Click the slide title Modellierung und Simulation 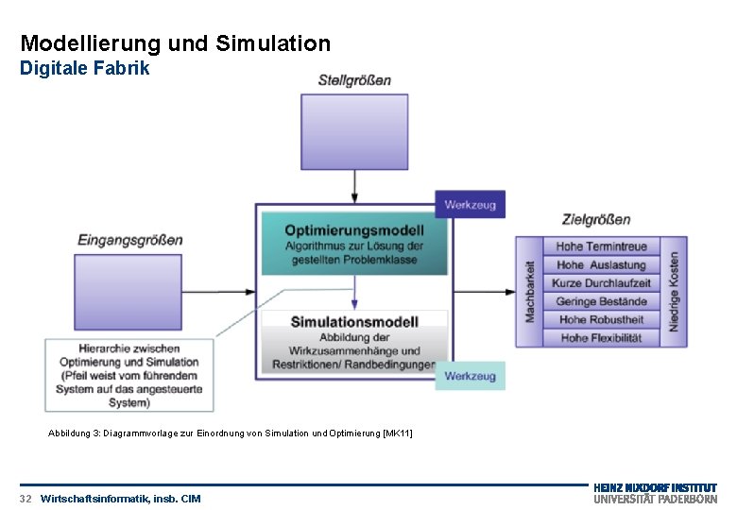[176, 43]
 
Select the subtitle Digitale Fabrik [85, 69]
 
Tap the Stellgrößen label [354, 80]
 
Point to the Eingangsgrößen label [130, 240]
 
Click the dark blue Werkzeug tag [470, 204]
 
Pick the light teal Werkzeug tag [470, 376]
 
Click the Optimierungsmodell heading [354, 229]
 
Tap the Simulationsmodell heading [354, 321]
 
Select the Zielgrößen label [596, 220]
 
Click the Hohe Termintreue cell [601, 247]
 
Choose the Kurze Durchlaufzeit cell [601, 283]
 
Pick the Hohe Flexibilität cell [601, 338]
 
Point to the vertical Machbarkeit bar [529, 292]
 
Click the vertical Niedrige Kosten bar [674, 292]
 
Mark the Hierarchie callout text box [129, 375]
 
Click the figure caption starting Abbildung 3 [231, 433]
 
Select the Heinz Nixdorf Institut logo [655, 493]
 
